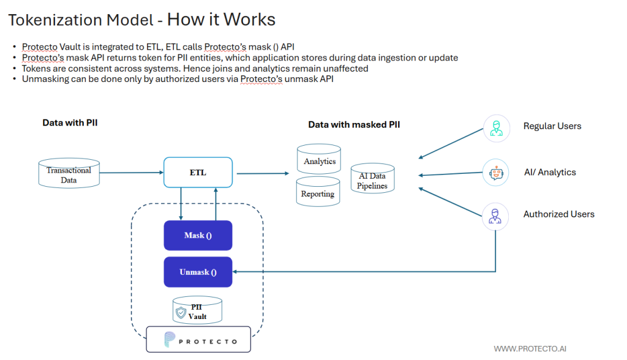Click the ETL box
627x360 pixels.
(x=198, y=173)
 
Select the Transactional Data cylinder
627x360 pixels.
(x=69, y=174)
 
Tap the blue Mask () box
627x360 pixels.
(x=198, y=235)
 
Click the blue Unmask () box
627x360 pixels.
(x=198, y=272)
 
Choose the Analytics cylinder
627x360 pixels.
(x=318, y=160)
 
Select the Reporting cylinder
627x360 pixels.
(x=318, y=192)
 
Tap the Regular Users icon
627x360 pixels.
(x=496, y=127)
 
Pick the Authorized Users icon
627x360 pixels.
(x=496, y=216)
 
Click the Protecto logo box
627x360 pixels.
(x=198, y=340)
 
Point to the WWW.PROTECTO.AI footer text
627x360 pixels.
(x=530, y=348)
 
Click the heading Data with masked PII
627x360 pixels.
(x=354, y=124)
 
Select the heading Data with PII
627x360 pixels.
(x=70, y=122)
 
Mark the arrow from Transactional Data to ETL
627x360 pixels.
(x=131, y=172)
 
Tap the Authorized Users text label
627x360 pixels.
(x=558, y=214)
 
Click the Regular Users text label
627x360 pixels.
(x=552, y=126)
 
